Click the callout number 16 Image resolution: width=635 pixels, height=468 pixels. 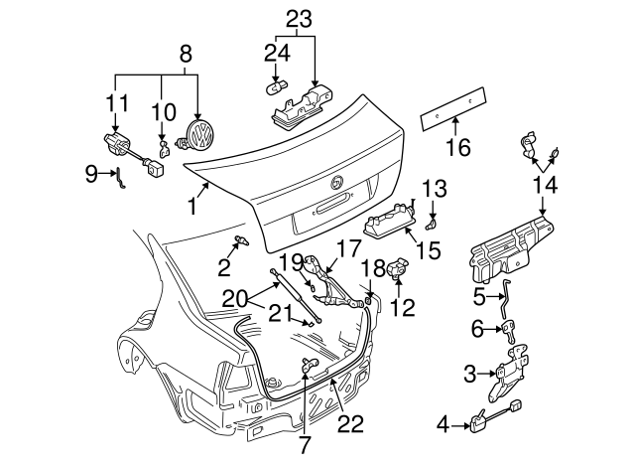pyautogui.click(x=455, y=149)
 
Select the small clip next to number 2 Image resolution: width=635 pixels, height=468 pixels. pyautogui.click(x=242, y=241)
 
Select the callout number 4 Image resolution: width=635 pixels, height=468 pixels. pyautogui.click(x=444, y=426)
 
